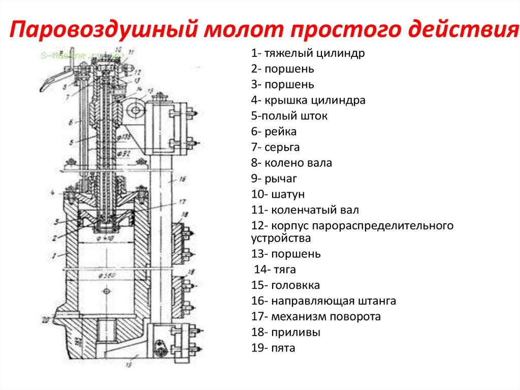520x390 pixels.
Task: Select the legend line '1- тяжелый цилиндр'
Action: [x=308, y=53]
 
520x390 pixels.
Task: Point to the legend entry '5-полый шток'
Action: [x=289, y=116]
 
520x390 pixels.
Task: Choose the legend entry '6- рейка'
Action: [x=274, y=132]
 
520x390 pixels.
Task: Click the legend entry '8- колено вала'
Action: [x=292, y=163]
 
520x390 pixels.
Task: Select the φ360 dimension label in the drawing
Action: [x=107, y=275]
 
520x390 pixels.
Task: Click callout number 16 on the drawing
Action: [x=183, y=179]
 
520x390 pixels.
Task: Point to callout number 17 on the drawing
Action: [x=183, y=202]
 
